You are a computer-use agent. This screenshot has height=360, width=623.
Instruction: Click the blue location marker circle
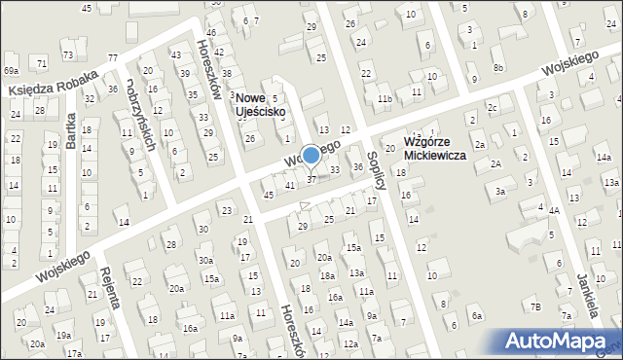tap(311, 155)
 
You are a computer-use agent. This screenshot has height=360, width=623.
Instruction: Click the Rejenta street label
tap(106, 285)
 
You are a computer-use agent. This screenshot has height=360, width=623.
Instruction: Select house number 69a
tap(11, 71)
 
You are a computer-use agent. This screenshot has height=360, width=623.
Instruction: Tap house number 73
tap(67, 54)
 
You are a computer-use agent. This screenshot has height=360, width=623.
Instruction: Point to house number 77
tap(112, 59)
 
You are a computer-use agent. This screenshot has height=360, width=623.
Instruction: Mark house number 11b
tap(385, 98)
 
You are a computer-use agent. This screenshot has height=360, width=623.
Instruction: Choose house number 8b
tap(498, 67)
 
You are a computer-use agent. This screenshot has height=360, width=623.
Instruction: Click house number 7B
tap(534, 307)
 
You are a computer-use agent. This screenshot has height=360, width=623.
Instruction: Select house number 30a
tap(205, 260)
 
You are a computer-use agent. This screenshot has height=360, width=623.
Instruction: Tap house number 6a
tap(477, 315)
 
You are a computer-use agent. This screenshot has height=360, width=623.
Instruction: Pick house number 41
tap(290, 185)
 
